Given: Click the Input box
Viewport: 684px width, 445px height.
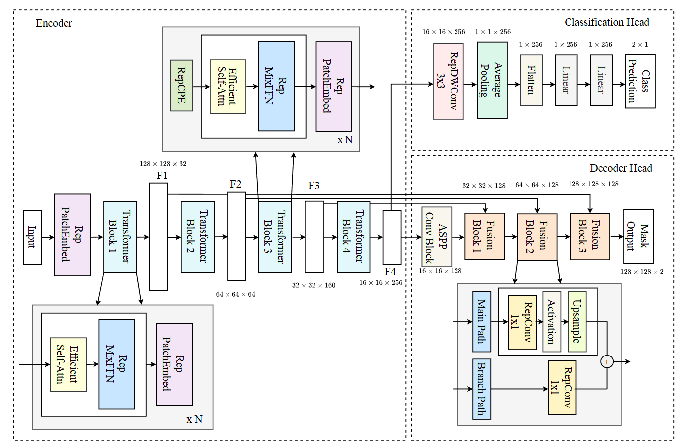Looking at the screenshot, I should click(32, 237).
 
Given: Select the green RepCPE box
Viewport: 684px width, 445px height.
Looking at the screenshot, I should click(181, 86).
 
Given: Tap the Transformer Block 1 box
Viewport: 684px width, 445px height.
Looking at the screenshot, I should click(120, 237).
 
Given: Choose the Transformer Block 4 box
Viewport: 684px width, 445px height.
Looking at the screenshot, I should click(353, 237).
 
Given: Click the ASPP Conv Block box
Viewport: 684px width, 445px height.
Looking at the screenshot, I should click(437, 237).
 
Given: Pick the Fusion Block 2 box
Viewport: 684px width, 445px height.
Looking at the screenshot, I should click(537, 237).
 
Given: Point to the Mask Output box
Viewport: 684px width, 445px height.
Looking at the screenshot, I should click(638, 236).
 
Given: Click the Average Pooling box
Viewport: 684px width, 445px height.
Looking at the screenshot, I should click(492, 80).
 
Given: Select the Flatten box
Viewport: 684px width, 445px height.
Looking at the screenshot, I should click(531, 80).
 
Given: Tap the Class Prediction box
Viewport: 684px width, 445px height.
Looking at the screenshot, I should click(640, 81).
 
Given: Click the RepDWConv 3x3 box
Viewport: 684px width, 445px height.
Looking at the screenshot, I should click(448, 81).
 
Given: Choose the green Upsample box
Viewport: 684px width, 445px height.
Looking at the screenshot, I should click(576, 322).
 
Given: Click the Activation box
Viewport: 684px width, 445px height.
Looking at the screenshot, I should click(552, 322).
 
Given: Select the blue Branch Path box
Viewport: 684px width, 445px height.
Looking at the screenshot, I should click(481, 389).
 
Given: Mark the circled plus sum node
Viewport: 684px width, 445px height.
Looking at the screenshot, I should click(606, 362).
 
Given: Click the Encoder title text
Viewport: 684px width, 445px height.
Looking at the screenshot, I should click(54, 23).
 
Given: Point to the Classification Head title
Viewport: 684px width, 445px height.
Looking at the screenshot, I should click(606, 22).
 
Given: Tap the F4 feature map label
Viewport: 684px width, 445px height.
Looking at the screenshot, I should click(390, 272).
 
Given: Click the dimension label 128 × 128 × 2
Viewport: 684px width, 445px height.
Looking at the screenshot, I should click(641, 272).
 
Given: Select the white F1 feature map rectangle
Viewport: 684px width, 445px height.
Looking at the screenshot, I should click(158, 237).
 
